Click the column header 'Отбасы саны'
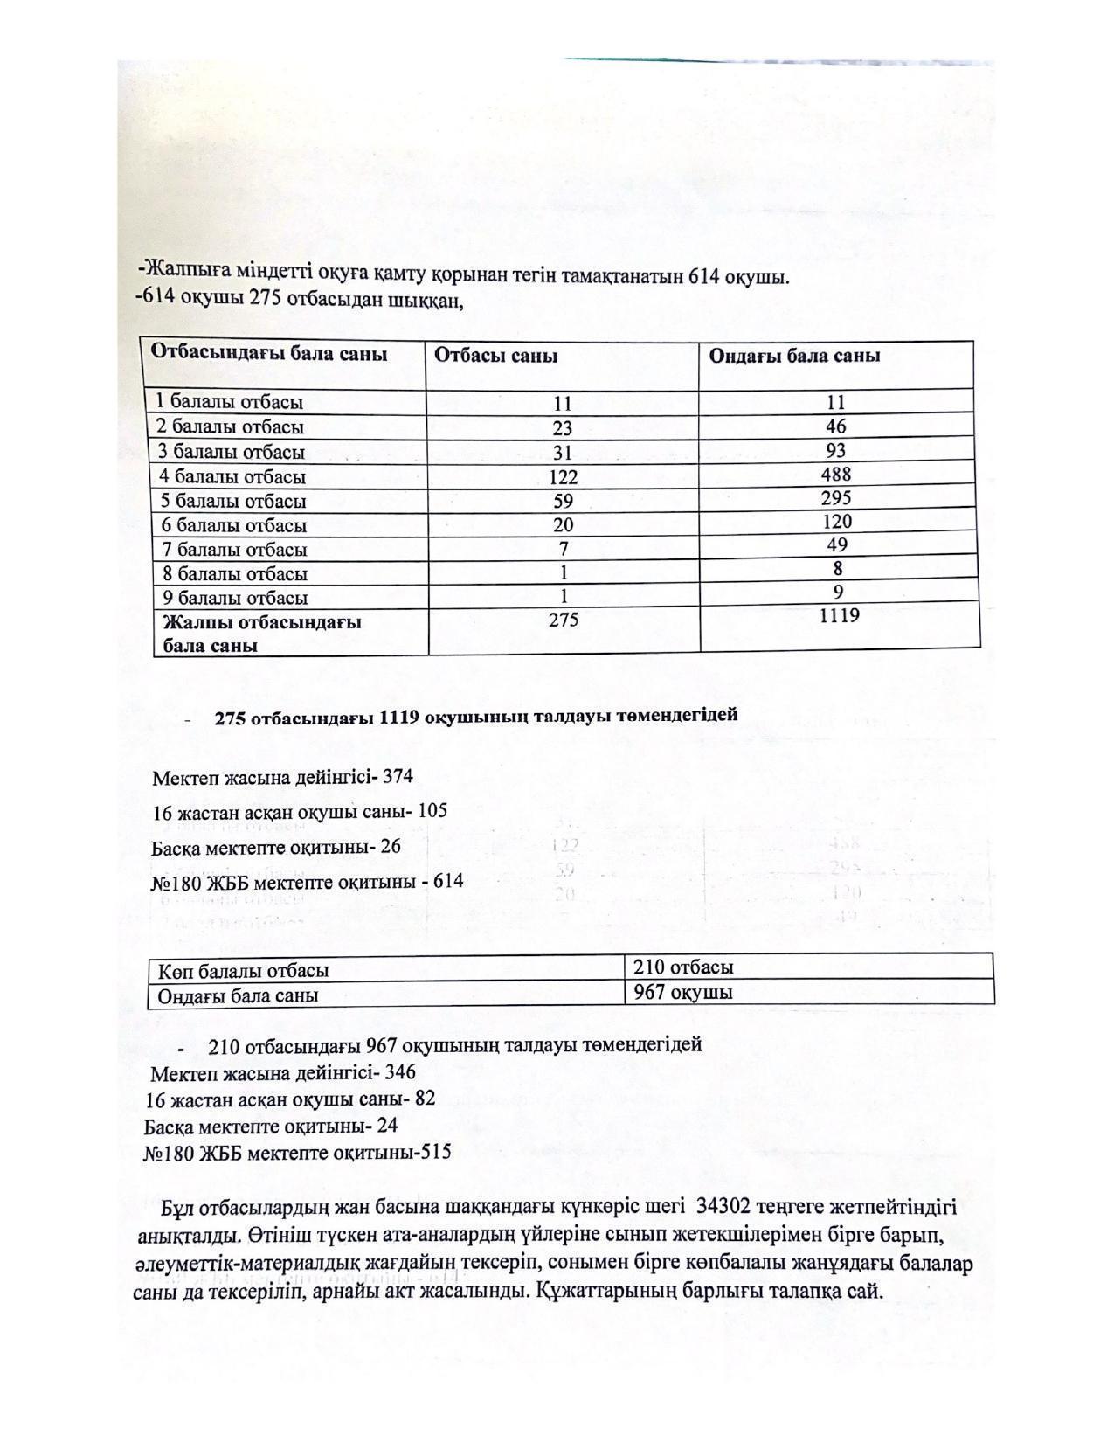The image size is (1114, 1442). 496,357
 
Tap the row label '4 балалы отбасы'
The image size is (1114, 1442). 232,477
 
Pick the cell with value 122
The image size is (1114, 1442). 564,477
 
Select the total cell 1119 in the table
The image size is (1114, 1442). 840,616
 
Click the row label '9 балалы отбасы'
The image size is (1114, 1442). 232,599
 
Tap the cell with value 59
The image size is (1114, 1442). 564,502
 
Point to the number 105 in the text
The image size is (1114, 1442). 432,811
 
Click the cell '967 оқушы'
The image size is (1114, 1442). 683,993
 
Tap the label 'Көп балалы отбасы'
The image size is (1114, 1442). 244,971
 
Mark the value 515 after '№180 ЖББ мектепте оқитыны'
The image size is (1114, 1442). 436,1152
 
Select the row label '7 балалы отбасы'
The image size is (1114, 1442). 232,551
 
